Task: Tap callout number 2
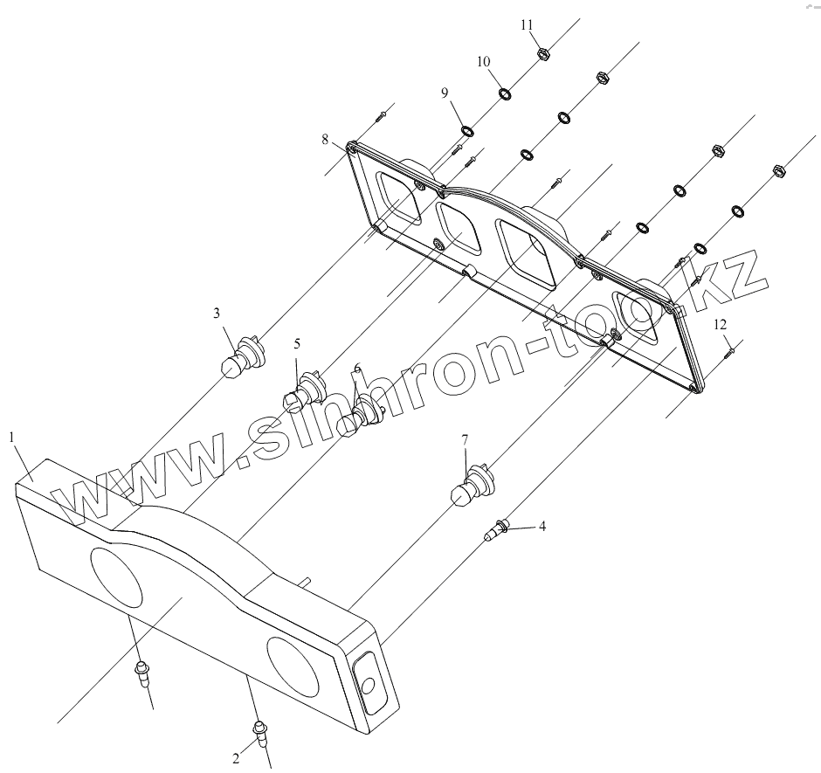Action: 236,758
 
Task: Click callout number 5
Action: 296,343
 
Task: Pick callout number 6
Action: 356,368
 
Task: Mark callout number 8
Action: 325,139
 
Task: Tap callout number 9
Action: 445,93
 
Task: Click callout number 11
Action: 527,24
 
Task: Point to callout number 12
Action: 720,324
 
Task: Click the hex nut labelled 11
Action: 542,53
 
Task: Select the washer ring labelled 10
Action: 505,93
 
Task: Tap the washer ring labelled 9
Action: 467,130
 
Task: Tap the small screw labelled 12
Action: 730,351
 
